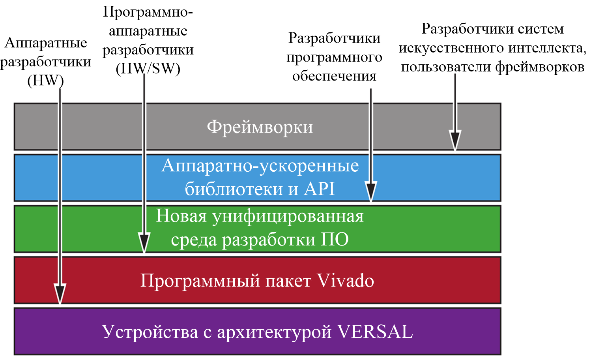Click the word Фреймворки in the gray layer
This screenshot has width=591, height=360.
pyautogui.click(x=260, y=127)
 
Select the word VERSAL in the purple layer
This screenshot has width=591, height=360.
pyautogui.click(x=375, y=332)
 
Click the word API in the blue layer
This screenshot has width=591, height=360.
pyautogui.click(x=319, y=189)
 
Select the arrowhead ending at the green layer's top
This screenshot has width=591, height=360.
pyautogui.click(x=371, y=191)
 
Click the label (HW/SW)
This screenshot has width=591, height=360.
pyautogui.click(x=148, y=68)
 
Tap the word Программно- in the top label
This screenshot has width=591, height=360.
pyautogui.click(x=148, y=12)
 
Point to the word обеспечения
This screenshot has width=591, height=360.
pyautogui.click(x=334, y=76)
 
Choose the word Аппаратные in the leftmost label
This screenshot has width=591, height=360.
pyautogui.click(x=45, y=43)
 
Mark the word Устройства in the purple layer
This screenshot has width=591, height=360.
pyautogui.click(x=150, y=332)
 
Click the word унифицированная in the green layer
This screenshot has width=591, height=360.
pyautogui.click(x=288, y=217)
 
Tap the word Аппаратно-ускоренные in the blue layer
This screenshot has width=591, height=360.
pyautogui.click(x=260, y=166)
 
